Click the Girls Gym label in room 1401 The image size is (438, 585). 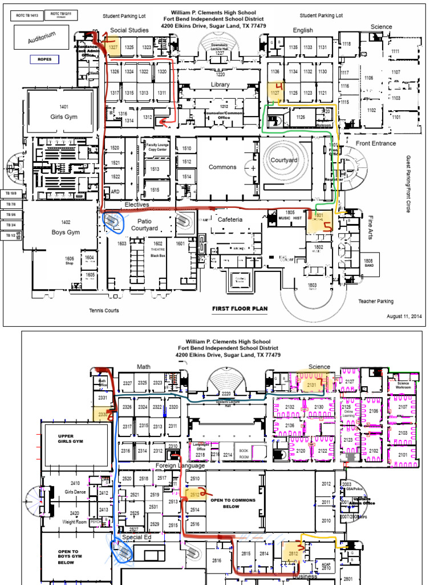[x=63, y=117]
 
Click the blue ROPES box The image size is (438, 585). [x=44, y=59]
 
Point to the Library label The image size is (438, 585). [x=220, y=85]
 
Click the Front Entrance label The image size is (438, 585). [x=375, y=143]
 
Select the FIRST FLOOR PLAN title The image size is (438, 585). [x=240, y=309]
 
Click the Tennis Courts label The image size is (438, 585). [x=104, y=311]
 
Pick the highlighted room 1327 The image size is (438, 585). [x=113, y=47]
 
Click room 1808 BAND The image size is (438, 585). [x=369, y=263]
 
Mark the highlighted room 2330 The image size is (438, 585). [x=103, y=415]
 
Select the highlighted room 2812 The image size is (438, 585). [x=294, y=553]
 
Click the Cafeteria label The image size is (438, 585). [x=230, y=219]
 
